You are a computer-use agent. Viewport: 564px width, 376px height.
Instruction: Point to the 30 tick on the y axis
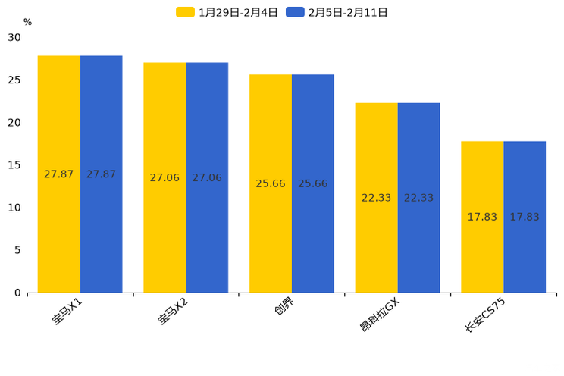14,37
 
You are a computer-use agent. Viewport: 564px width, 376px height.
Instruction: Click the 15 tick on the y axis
14,165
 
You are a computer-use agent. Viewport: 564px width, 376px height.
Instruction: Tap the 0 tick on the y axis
17,293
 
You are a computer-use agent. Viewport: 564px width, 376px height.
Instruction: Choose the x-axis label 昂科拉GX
379,315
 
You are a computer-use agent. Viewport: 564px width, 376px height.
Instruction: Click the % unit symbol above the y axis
27,23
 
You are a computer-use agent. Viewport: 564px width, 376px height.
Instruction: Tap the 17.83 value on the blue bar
525,217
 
